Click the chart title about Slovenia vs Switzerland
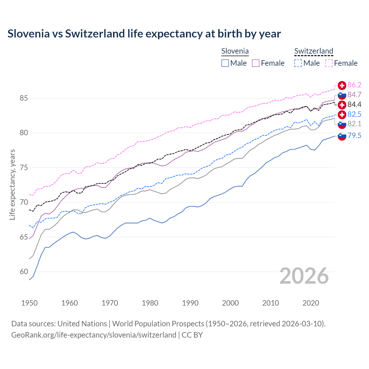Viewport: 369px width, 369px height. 144,34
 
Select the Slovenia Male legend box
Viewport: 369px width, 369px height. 225,63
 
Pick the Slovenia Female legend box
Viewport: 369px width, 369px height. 256,63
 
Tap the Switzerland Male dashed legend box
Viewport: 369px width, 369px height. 298,63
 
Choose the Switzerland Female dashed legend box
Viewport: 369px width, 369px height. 329,63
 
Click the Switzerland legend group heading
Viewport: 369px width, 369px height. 314,51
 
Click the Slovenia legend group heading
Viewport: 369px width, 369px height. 235,51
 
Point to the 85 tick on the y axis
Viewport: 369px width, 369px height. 24,98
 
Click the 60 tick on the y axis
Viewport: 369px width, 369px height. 24,272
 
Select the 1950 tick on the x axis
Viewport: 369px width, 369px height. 29,303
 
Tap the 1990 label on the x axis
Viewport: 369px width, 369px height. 190,303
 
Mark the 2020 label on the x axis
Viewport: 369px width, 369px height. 311,303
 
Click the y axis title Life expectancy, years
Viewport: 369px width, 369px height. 12,184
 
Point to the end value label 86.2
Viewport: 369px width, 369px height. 354,85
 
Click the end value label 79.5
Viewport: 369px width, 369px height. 354,135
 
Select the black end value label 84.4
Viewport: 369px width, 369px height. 354,104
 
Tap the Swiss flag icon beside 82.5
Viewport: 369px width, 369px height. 342,114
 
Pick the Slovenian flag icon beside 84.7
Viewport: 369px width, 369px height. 342,95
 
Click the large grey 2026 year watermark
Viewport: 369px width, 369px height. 304,276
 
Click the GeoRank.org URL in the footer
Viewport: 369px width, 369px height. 94,335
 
